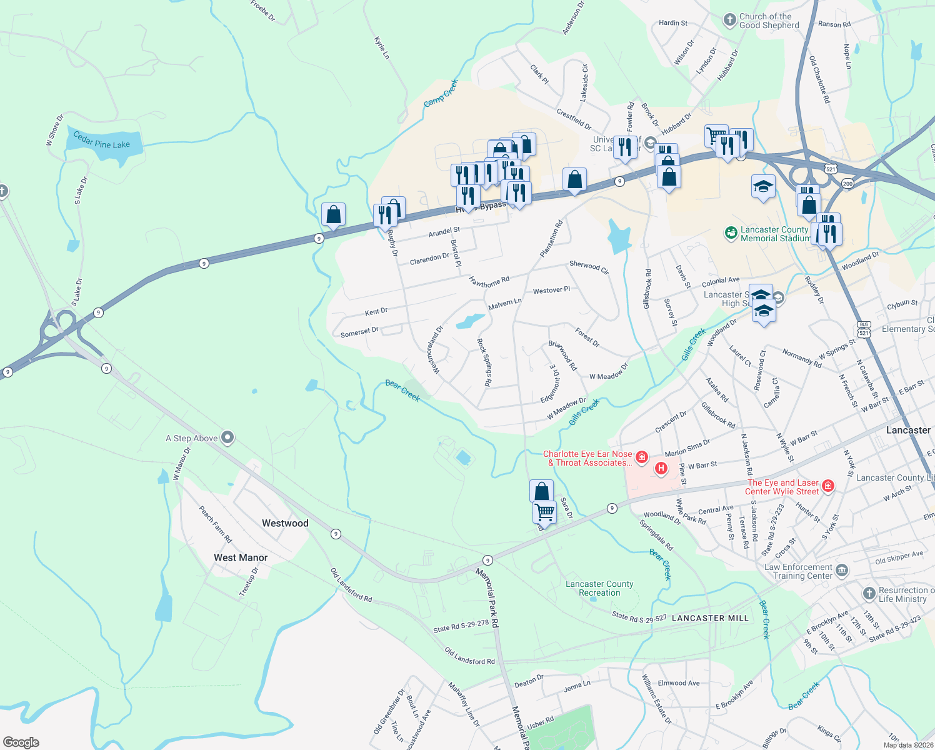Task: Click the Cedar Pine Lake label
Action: [x=101, y=140]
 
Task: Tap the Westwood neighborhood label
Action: [x=285, y=523]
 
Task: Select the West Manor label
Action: [x=241, y=557]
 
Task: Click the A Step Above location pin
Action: [x=227, y=438]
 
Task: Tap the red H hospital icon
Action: [x=661, y=467]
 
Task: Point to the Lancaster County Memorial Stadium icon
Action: [x=731, y=233]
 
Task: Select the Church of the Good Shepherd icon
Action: [x=729, y=20]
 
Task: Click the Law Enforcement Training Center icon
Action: [x=842, y=570]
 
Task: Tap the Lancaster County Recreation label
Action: [x=599, y=588]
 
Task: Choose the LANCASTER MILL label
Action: [x=710, y=618]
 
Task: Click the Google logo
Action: [x=21, y=742]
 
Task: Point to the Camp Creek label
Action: [x=441, y=93]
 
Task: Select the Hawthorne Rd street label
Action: [x=489, y=282]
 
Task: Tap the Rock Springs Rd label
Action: [x=484, y=362]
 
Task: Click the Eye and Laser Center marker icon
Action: [x=828, y=486]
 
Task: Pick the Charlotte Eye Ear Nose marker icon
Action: [x=641, y=457]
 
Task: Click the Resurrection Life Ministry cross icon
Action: [x=869, y=594]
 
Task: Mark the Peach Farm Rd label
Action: [x=215, y=524]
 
